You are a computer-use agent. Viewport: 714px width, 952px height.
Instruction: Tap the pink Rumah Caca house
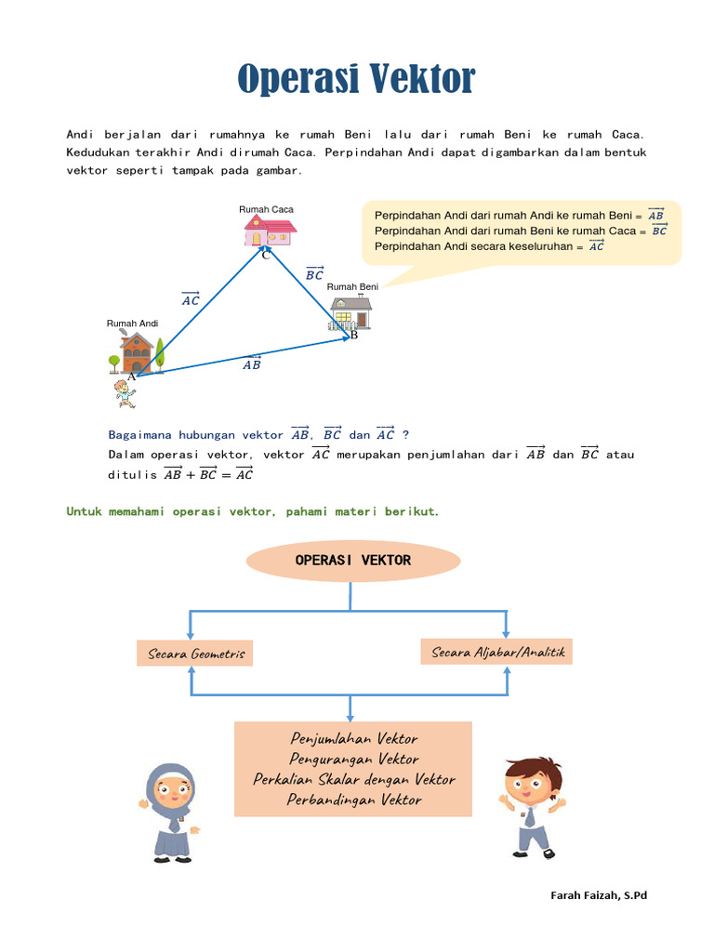click(x=269, y=231)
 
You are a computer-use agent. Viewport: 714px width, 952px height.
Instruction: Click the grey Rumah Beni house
click(x=350, y=313)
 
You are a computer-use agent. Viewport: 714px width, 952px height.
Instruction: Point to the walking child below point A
click(x=124, y=393)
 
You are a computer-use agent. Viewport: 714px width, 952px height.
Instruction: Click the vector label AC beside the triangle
click(x=191, y=299)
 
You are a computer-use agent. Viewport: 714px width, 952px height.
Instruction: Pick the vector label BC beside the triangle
click(x=315, y=273)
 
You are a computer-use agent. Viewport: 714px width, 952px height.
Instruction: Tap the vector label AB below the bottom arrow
click(x=252, y=364)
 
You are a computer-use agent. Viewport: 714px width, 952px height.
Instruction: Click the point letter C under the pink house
click(x=265, y=256)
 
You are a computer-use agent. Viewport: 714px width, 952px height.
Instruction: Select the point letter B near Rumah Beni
click(x=353, y=336)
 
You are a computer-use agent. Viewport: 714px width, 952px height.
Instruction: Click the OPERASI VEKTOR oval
click(x=352, y=561)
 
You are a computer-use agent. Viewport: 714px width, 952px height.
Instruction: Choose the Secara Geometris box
click(x=195, y=654)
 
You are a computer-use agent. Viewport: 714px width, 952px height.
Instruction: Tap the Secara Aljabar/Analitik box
click(x=497, y=652)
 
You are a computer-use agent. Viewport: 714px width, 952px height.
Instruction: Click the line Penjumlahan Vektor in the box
click(x=354, y=739)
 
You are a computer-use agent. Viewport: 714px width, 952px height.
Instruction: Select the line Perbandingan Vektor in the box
click(x=354, y=800)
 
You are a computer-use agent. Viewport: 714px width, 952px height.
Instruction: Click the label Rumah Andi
click(x=133, y=324)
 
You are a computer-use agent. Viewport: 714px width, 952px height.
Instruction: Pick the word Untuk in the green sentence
click(x=85, y=511)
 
